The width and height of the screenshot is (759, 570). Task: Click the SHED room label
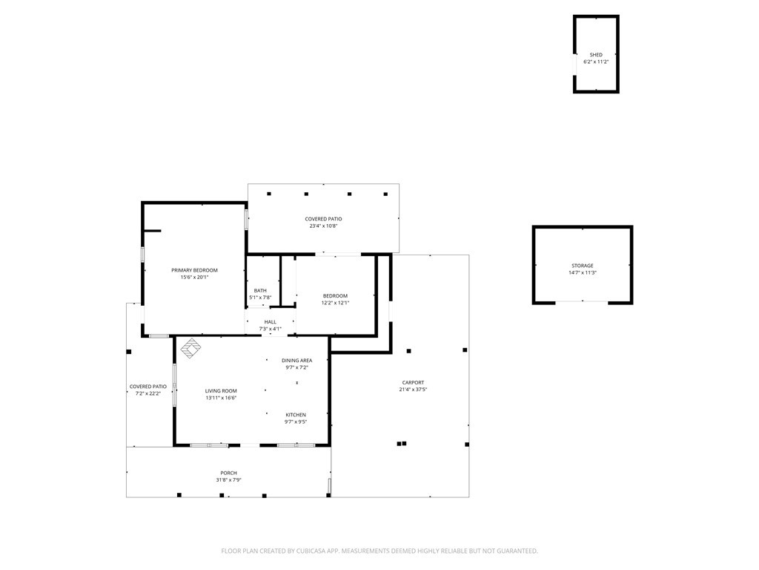pos(596,55)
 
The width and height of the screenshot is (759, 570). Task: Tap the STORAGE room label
pos(583,266)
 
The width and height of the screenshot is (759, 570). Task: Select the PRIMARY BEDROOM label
pos(195,270)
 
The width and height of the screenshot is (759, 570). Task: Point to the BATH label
pos(260,291)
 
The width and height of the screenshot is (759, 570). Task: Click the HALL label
pos(270,322)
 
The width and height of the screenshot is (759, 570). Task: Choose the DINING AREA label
pos(296,361)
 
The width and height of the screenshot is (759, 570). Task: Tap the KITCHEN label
pos(295,415)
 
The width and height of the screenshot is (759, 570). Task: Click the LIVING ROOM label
pos(221,390)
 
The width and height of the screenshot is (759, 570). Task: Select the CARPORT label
pos(413,382)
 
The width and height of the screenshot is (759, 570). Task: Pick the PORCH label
pos(228,473)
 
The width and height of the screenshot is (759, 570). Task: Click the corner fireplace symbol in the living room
pos(191,347)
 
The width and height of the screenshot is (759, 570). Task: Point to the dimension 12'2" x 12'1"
pos(335,303)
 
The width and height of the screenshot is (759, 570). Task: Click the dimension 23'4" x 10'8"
pos(323,226)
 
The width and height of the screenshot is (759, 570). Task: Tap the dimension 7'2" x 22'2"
pos(148,393)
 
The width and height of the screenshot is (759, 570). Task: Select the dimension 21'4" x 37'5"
pos(413,389)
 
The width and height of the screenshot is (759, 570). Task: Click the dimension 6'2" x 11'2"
pos(596,62)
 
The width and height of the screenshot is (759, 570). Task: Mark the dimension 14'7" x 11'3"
pos(583,272)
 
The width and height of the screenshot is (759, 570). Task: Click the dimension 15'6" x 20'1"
pos(194,278)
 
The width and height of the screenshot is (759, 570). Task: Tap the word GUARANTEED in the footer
pos(518,551)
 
